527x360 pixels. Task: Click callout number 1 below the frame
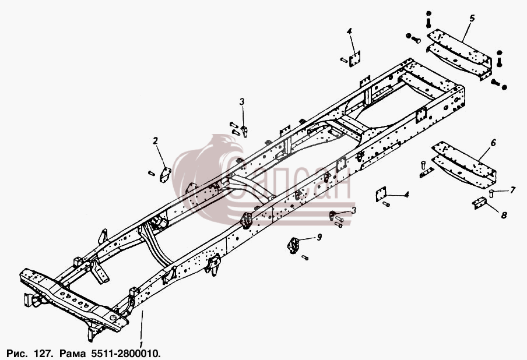point(141,344)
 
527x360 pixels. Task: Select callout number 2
point(155,141)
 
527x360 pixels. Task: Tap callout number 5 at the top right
point(472,18)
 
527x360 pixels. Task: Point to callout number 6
point(493,143)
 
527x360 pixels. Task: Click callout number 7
point(512,190)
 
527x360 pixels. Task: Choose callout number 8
point(504,214)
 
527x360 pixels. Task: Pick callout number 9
point(319,237)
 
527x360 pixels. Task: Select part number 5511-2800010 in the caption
point(125,353)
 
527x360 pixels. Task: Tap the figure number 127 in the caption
point(43,353)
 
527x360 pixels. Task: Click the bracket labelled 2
point(165,175)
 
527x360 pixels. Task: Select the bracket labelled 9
point(293,245)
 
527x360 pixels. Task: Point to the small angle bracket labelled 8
point(480,203)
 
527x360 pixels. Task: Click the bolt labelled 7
point(491,193)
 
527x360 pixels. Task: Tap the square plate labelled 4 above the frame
point(354,59)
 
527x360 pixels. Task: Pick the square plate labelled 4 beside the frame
point(381,194)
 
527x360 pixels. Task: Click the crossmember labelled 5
point(459,54)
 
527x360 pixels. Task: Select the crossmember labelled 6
point(464,163)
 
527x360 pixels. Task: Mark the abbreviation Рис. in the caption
point(19,353)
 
